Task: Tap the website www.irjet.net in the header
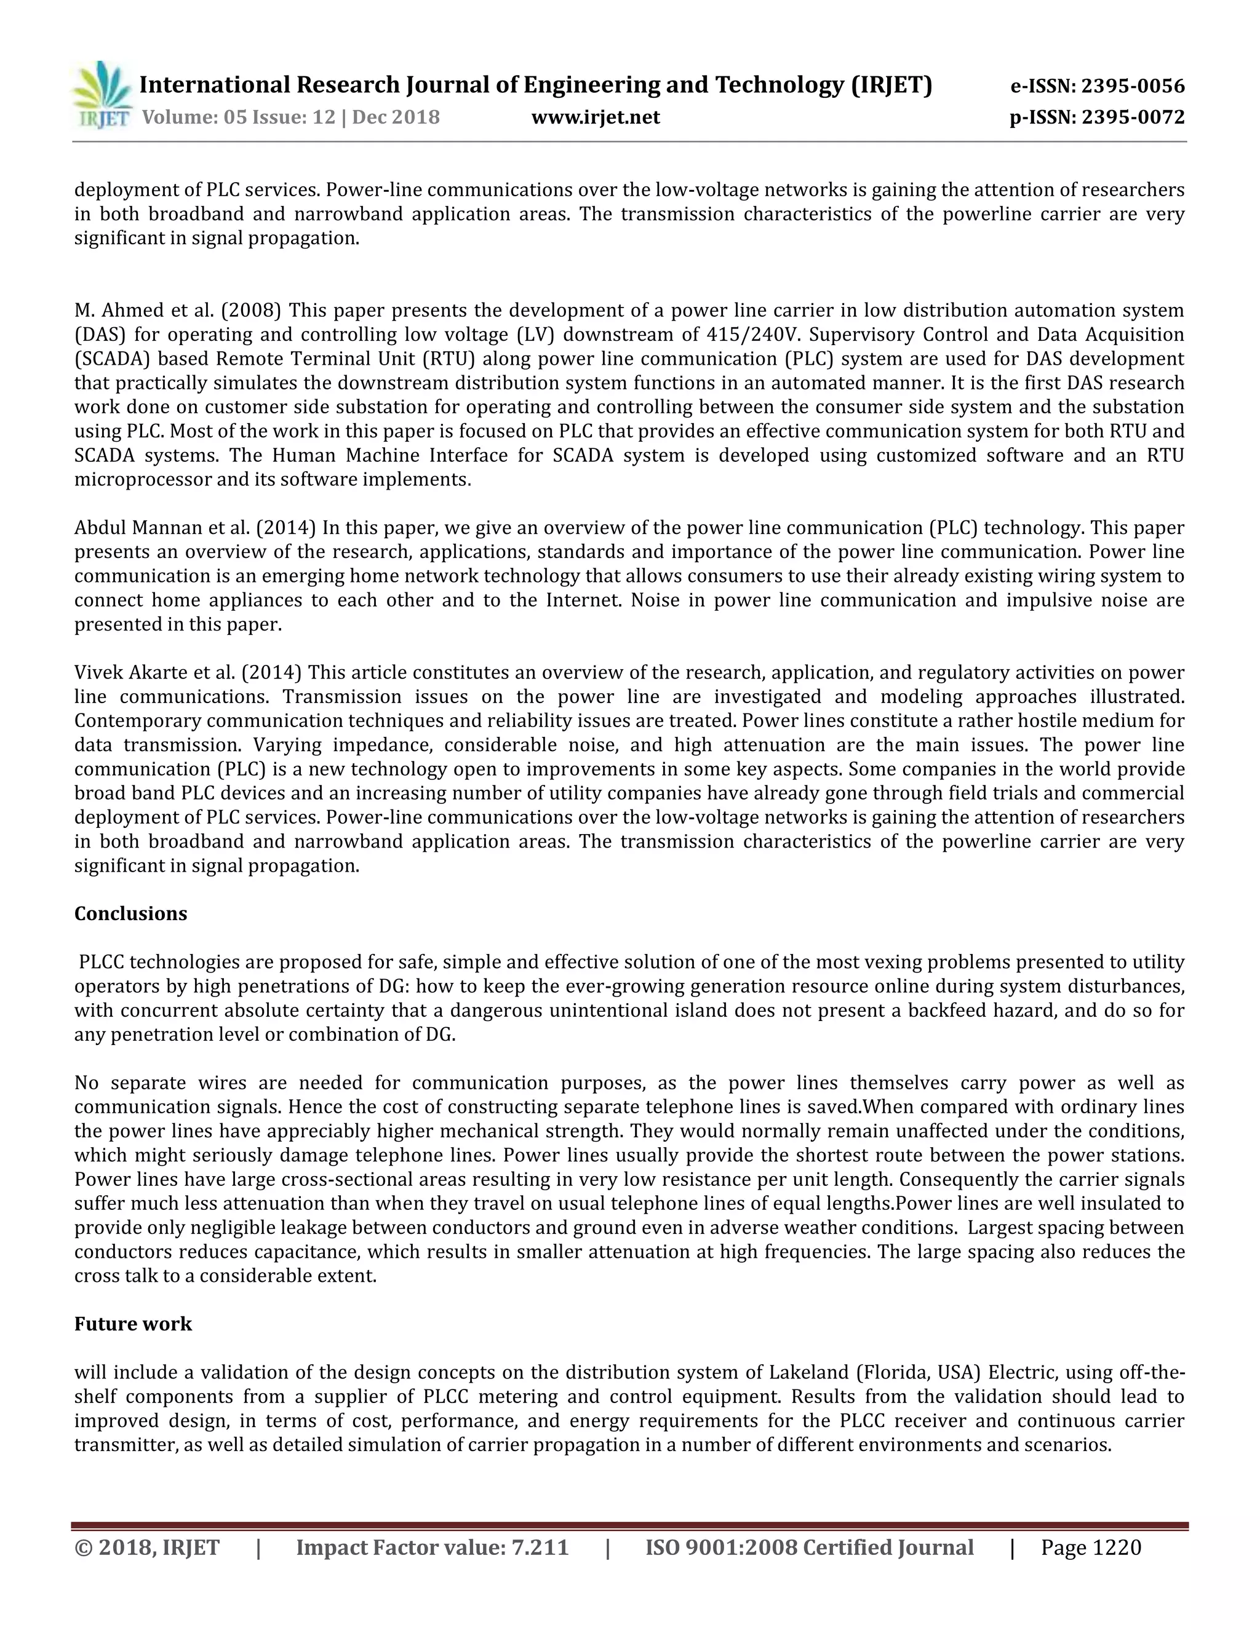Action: [x=595, y=117]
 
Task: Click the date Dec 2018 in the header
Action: [x=396, y=117]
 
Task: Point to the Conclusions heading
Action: [x=130, y=913]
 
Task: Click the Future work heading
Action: [x=133, y=1324]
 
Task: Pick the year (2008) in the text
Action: [x=251, y=310]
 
